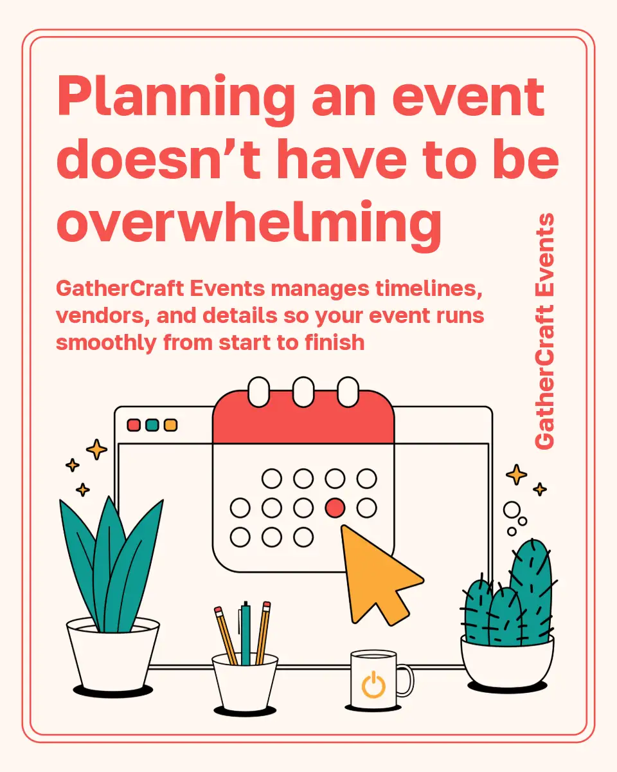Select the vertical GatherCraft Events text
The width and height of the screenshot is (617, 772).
coord(544,331)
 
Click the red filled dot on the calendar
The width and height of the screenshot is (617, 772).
coord(335,508)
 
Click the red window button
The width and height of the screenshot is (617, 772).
coord(134,425)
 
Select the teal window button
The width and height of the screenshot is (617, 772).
coord(152,425)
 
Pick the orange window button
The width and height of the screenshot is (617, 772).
coord(171,425)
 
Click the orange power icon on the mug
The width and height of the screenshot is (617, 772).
coord(373,685)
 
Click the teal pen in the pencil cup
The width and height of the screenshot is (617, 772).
coord(246,634)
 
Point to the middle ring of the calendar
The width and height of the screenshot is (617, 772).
coord(303,392)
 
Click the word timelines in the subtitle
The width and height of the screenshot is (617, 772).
coord(429,289)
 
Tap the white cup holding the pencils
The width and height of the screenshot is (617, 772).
coord(245,681)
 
